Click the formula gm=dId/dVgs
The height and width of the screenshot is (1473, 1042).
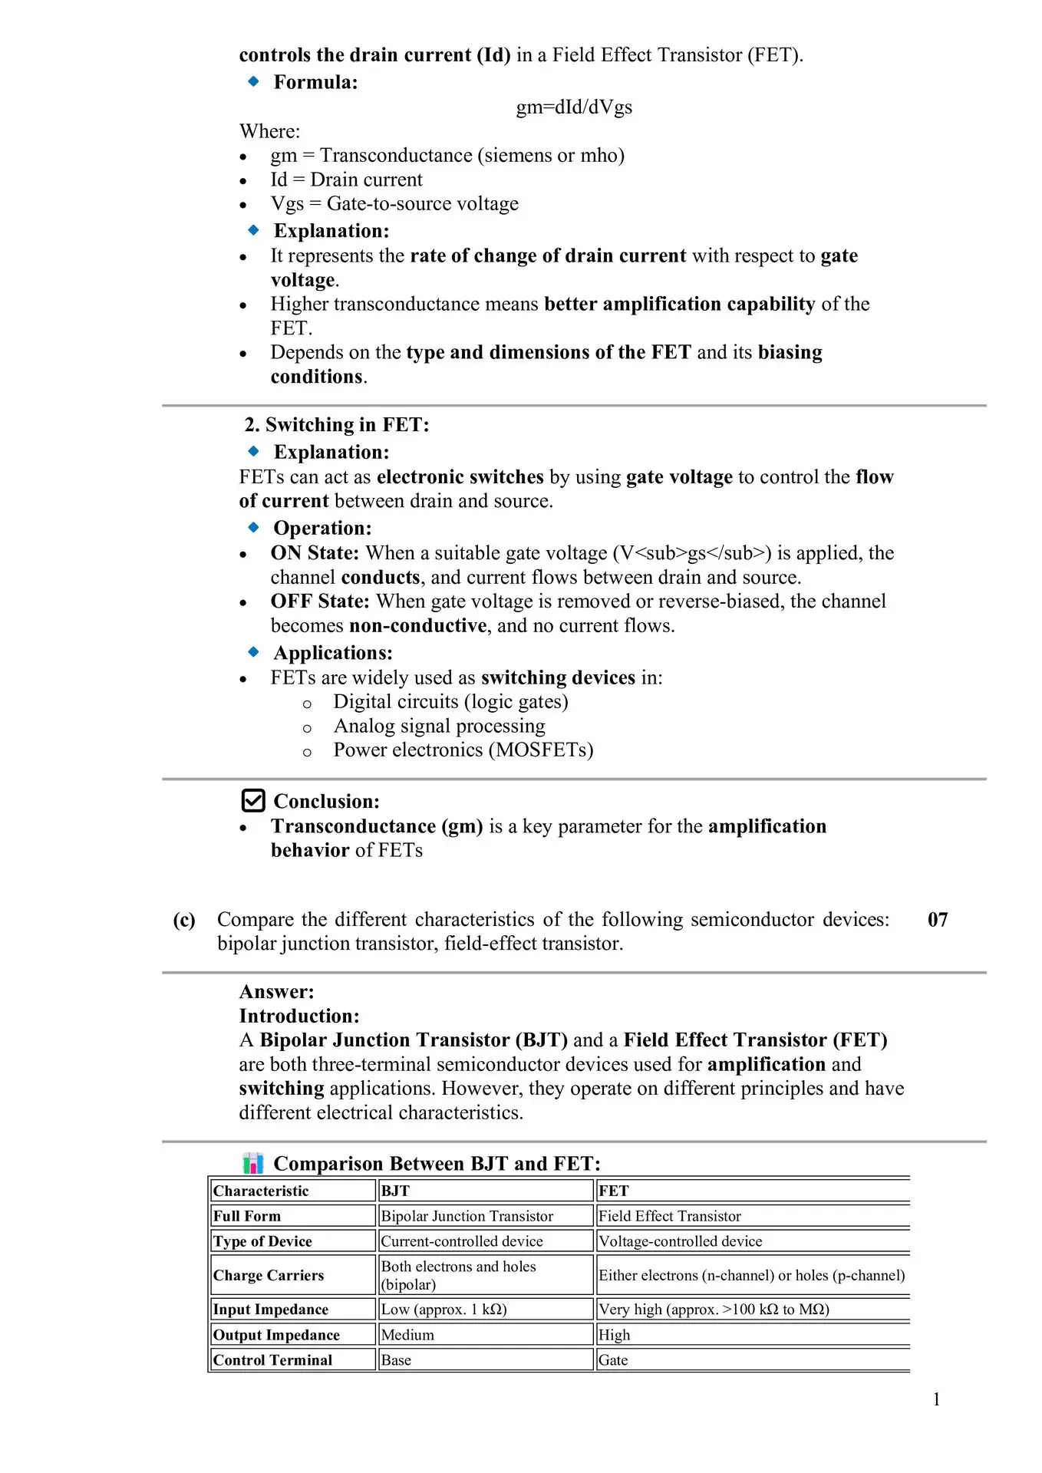point(574,107)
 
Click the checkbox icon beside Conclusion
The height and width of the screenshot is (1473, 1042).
point(253,800)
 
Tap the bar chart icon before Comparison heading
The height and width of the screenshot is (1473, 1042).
point(253,1163)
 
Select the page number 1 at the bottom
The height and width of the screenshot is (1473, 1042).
point(936,1399)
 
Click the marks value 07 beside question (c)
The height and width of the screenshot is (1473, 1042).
point(938,919)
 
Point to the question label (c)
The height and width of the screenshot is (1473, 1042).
point(184,919)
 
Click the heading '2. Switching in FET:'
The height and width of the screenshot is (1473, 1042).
point(337,424)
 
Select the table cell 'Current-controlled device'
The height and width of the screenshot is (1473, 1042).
point(462,1241)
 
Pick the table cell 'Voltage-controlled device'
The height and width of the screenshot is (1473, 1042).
point(681,1241)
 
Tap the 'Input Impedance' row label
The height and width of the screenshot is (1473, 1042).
point(271,1310)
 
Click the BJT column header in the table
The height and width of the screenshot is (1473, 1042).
point(395,1191)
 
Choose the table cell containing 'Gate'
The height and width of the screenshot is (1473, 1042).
point(613,1360)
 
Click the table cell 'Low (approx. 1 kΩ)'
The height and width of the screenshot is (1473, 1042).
point(444,1310)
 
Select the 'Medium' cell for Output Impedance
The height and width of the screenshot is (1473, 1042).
point(407,1335)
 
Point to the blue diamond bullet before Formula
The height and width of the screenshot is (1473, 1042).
point(254,81)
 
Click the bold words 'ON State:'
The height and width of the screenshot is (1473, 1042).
point(315,553)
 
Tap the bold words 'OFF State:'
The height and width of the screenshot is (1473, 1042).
point(320,601)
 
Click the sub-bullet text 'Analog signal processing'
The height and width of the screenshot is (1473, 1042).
point(440,726)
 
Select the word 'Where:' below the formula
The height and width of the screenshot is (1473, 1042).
point(270,131)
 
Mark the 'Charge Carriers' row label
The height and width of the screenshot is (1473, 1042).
point(269,1275)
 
